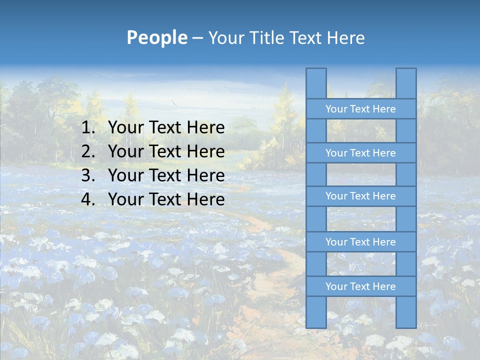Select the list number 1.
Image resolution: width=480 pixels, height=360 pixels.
88,128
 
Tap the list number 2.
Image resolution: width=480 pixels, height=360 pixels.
88,151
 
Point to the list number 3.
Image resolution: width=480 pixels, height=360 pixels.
88,175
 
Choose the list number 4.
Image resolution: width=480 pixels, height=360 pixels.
88,199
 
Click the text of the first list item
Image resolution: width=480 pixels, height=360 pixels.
166,128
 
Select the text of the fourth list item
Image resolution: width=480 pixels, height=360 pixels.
166,199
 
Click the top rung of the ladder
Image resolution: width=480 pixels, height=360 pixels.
360,109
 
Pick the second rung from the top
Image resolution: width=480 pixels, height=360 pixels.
360,153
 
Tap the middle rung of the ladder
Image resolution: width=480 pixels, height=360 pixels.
360,196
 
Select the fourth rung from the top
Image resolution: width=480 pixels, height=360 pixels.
360,242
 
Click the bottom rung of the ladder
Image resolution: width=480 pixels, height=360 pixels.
360,286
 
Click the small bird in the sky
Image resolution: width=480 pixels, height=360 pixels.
174,103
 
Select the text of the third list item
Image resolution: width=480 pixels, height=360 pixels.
166,175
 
